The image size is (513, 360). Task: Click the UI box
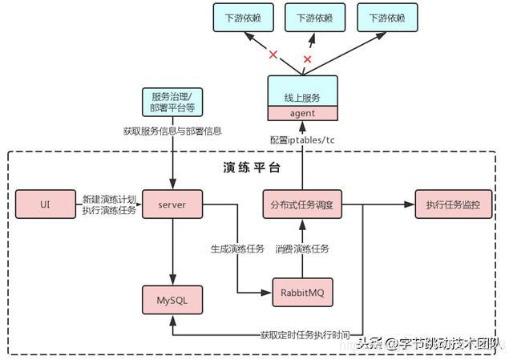pyautogui.click(x=45, y=204)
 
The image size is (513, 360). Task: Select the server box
pyautogui.click(x=172, y=204)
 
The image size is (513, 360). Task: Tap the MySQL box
pyautogui.click(x=172, y=301)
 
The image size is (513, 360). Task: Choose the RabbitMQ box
pyautogui.click(x=303, y=293)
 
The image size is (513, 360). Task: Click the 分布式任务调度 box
pyautogui.click(x=302, y=204)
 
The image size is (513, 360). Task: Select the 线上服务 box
pyautogui.click(x=302, y=97)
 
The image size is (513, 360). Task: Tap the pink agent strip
pyautogui.click(x=302, y=113)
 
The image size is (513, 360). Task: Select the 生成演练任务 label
pyautogui.click(x=237, y=249)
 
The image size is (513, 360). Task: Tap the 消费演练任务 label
pyautogui.click(x=301, y=249)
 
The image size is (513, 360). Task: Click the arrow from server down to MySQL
pyautogui.click(x=172, y=249)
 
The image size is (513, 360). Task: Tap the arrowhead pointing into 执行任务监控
pyautogui.click(x=410, y=204)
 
